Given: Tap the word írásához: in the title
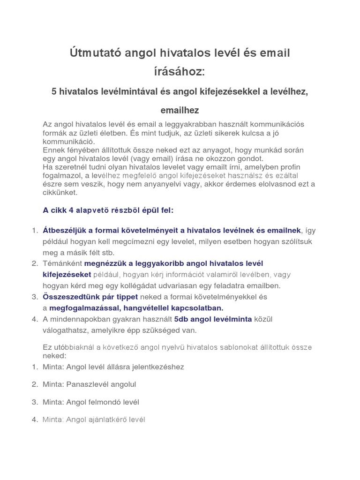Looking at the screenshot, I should tap(180, 72).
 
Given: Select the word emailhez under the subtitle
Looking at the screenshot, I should tap(180, 110).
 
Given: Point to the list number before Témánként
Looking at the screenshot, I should tap(35, 263).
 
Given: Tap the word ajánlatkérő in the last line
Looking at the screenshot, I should tap(107, 420).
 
